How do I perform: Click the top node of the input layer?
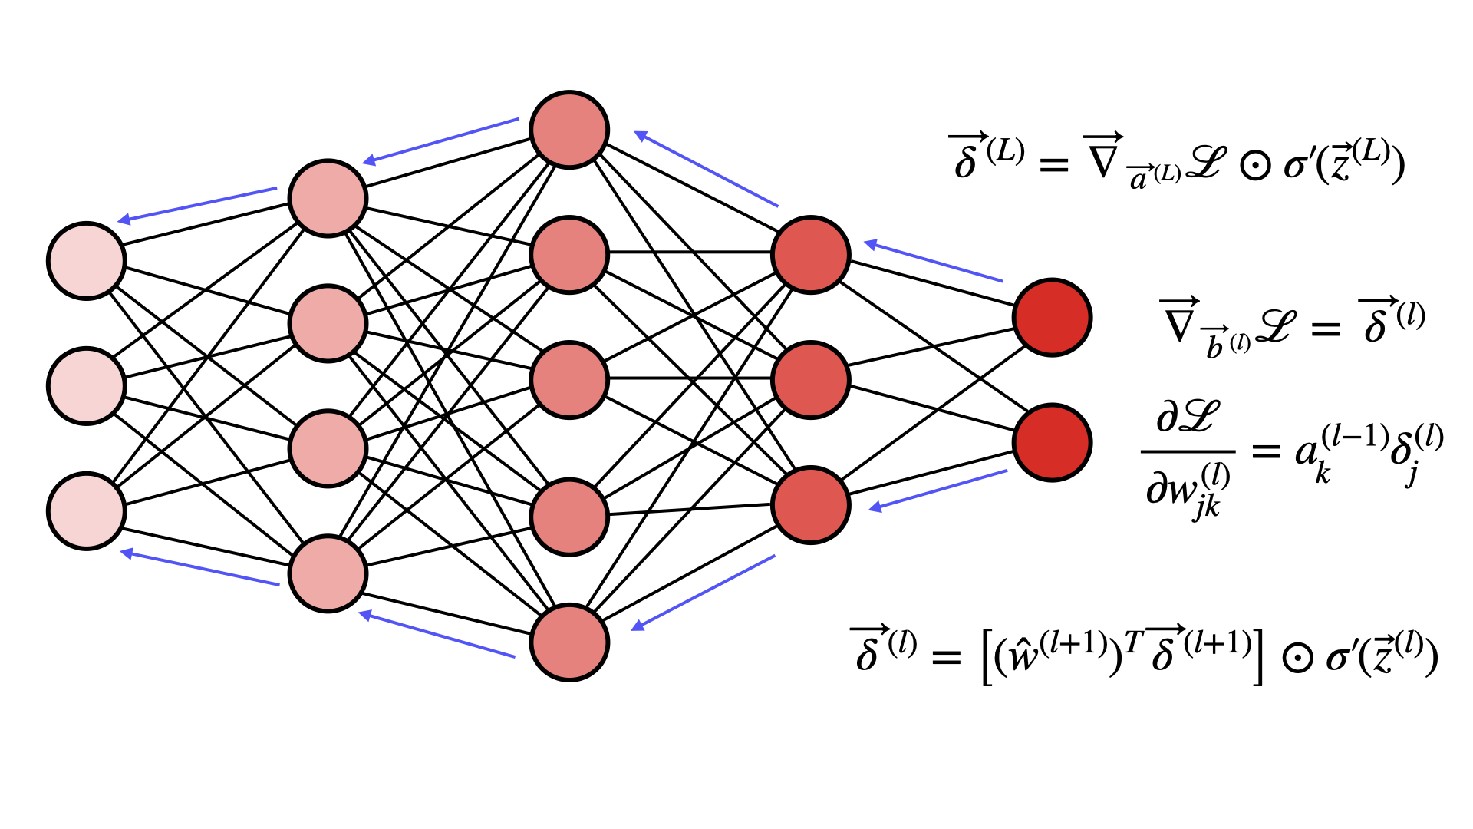pyautogui.click(x=86, y=260)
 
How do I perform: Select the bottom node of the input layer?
pyautogui.click(x=86, y=510)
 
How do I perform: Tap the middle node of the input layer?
pyautogui.click(x=86, y=385)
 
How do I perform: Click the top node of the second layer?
pyautogui.click(x=328, y=198)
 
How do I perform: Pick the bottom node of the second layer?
pyautogui.click(x=328, y=573)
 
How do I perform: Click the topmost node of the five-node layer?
pyautogui.click(x=569, y=130)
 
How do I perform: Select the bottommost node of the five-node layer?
pyautogui.click(x=569, y=642)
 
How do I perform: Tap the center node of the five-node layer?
pyautogui.click(x=569, y=380)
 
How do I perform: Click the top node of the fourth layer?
pyautogui.click(x=811, y=255)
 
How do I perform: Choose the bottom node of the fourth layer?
pyautogui.click(x=811, y=505)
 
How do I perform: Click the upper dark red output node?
pyautogui.click(x=1052, y=317)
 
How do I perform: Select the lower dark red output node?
pyautogui.click(x=1052, y=442)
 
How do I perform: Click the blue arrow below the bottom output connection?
pyautogui.click(x=938, y=490)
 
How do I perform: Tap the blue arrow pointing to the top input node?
pyautogui.click(x=197, y=204)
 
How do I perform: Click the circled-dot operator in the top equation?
pyautogui.click(x=1255, y=165)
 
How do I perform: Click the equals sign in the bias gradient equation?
pyautogui.click(x=1326, y=329)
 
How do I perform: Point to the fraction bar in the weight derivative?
pyautogui.click(x=1188, y=451)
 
